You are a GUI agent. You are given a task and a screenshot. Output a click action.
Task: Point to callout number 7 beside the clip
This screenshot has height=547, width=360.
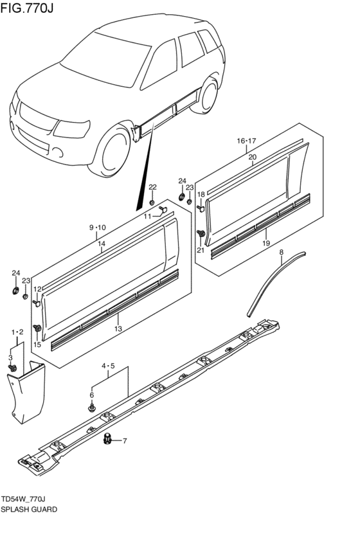point(125,441)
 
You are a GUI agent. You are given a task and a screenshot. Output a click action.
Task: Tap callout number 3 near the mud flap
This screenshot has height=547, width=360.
point(10,357)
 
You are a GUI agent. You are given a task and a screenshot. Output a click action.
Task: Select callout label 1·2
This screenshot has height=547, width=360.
point(17,331)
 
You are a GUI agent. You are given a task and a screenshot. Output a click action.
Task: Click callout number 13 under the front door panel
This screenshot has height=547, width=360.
point(118,329)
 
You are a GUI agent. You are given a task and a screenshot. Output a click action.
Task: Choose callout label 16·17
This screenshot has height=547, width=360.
point(246,141)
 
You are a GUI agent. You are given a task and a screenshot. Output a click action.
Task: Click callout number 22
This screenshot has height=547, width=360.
point(152,187)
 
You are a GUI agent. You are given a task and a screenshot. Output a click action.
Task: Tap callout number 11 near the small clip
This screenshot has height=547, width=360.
point(147,217)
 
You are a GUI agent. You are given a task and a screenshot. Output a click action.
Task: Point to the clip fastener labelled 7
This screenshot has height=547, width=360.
point(108,440)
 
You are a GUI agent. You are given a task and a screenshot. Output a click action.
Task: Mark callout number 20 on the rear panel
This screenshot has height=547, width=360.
point(253,156)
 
